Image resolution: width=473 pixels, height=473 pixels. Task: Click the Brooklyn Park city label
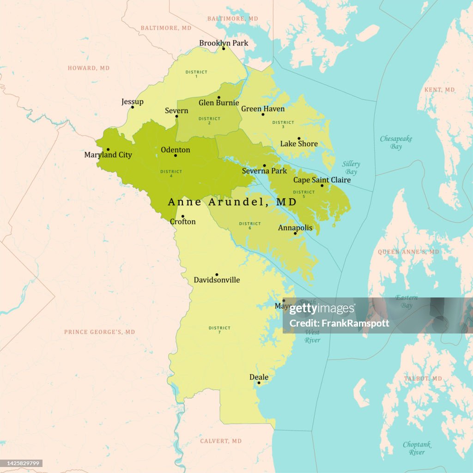[x=224, y=43]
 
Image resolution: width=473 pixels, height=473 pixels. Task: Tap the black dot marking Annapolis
[x=295, y=233]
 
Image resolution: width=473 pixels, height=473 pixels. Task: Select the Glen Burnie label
[x=218, y=103]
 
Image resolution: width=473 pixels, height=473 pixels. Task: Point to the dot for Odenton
[x=176, y=155]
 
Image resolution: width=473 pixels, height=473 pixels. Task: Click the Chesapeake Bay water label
[x=396, y=142]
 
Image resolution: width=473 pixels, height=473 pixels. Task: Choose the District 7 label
[x=219, y=330]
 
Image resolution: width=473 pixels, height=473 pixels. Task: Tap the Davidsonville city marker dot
[x=217, y=274]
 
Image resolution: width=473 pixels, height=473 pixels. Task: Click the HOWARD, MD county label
[x=89, y=68]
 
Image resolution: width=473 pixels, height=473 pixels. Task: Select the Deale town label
[x=259, y=377]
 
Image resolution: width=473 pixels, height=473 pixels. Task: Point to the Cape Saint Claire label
[x=322, y=180]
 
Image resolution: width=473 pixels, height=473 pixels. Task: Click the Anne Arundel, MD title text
[x=232, y=202]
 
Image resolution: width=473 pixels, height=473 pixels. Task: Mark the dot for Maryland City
[x=108, y=149]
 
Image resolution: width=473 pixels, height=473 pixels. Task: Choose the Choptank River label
[x=417, y=448]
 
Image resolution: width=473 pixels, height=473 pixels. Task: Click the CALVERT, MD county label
[x=221, y=441]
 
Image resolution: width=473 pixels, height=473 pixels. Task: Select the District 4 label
[x=171, y=173]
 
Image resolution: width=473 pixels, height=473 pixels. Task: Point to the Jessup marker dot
[x=132, y=107]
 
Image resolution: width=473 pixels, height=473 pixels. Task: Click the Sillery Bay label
[x=351, y=168]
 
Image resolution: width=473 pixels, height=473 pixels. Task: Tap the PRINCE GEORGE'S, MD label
[x=99, y=332]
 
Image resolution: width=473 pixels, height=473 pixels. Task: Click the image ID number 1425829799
[x=22, y=463]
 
